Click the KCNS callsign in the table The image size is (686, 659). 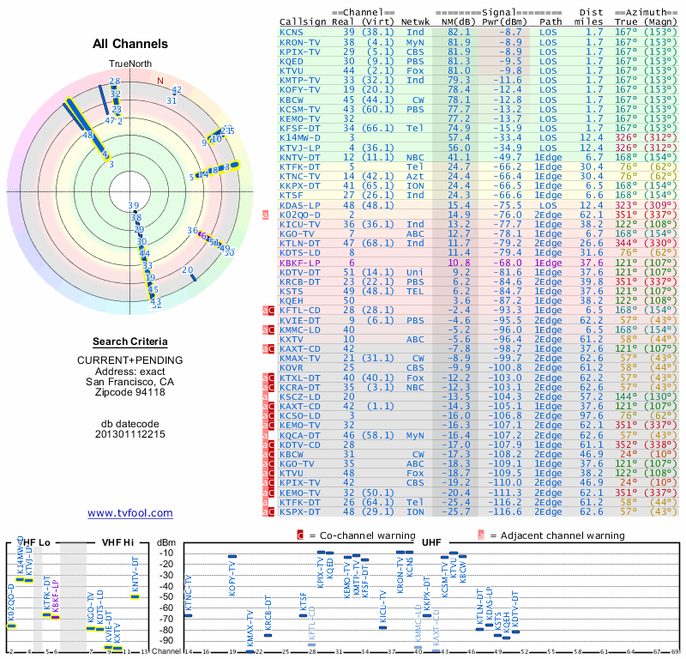[x=292, y=32]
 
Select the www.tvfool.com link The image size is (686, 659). [x=130, y=513]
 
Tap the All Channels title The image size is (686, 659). [x=130, y=45]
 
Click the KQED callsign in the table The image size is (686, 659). [x=292, y=60]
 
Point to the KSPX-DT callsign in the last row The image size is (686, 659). [x=299, y=511]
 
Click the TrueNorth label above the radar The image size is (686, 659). [x=129, y=64]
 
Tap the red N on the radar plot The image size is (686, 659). [x=159, y=81]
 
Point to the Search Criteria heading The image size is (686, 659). [x=130, y=342]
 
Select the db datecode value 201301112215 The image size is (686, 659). [x=130, y=434]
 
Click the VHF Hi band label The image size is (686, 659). [x=117, y=543]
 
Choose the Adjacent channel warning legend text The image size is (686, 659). [x=557, y=535]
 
